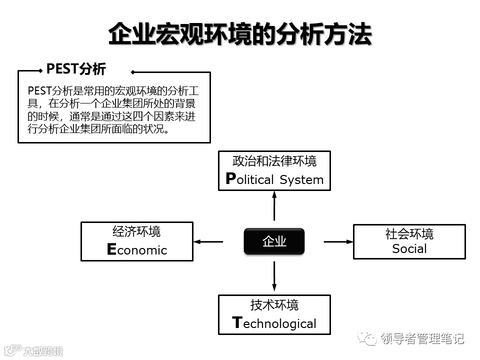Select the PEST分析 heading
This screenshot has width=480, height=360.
(76, 68)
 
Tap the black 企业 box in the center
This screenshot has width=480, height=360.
(274, 241)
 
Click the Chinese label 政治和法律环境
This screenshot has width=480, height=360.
(274, 161)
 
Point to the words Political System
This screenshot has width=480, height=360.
(274, 179)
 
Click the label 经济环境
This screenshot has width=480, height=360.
(136, 232)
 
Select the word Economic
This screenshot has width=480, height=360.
(137, 250)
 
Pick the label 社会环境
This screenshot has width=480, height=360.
(409, 233)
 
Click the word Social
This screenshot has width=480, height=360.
(409, 249)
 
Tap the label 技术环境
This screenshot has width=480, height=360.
(274, 305)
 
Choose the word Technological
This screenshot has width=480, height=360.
(274, 323)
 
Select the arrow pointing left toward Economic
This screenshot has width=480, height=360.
(208, 241)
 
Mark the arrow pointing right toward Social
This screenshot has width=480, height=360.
(338, 241)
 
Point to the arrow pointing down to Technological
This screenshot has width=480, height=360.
(274, 276)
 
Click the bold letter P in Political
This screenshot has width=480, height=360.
(230, 179)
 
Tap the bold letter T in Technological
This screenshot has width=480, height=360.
(237, 322)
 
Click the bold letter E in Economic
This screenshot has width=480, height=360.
(111, 249)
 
